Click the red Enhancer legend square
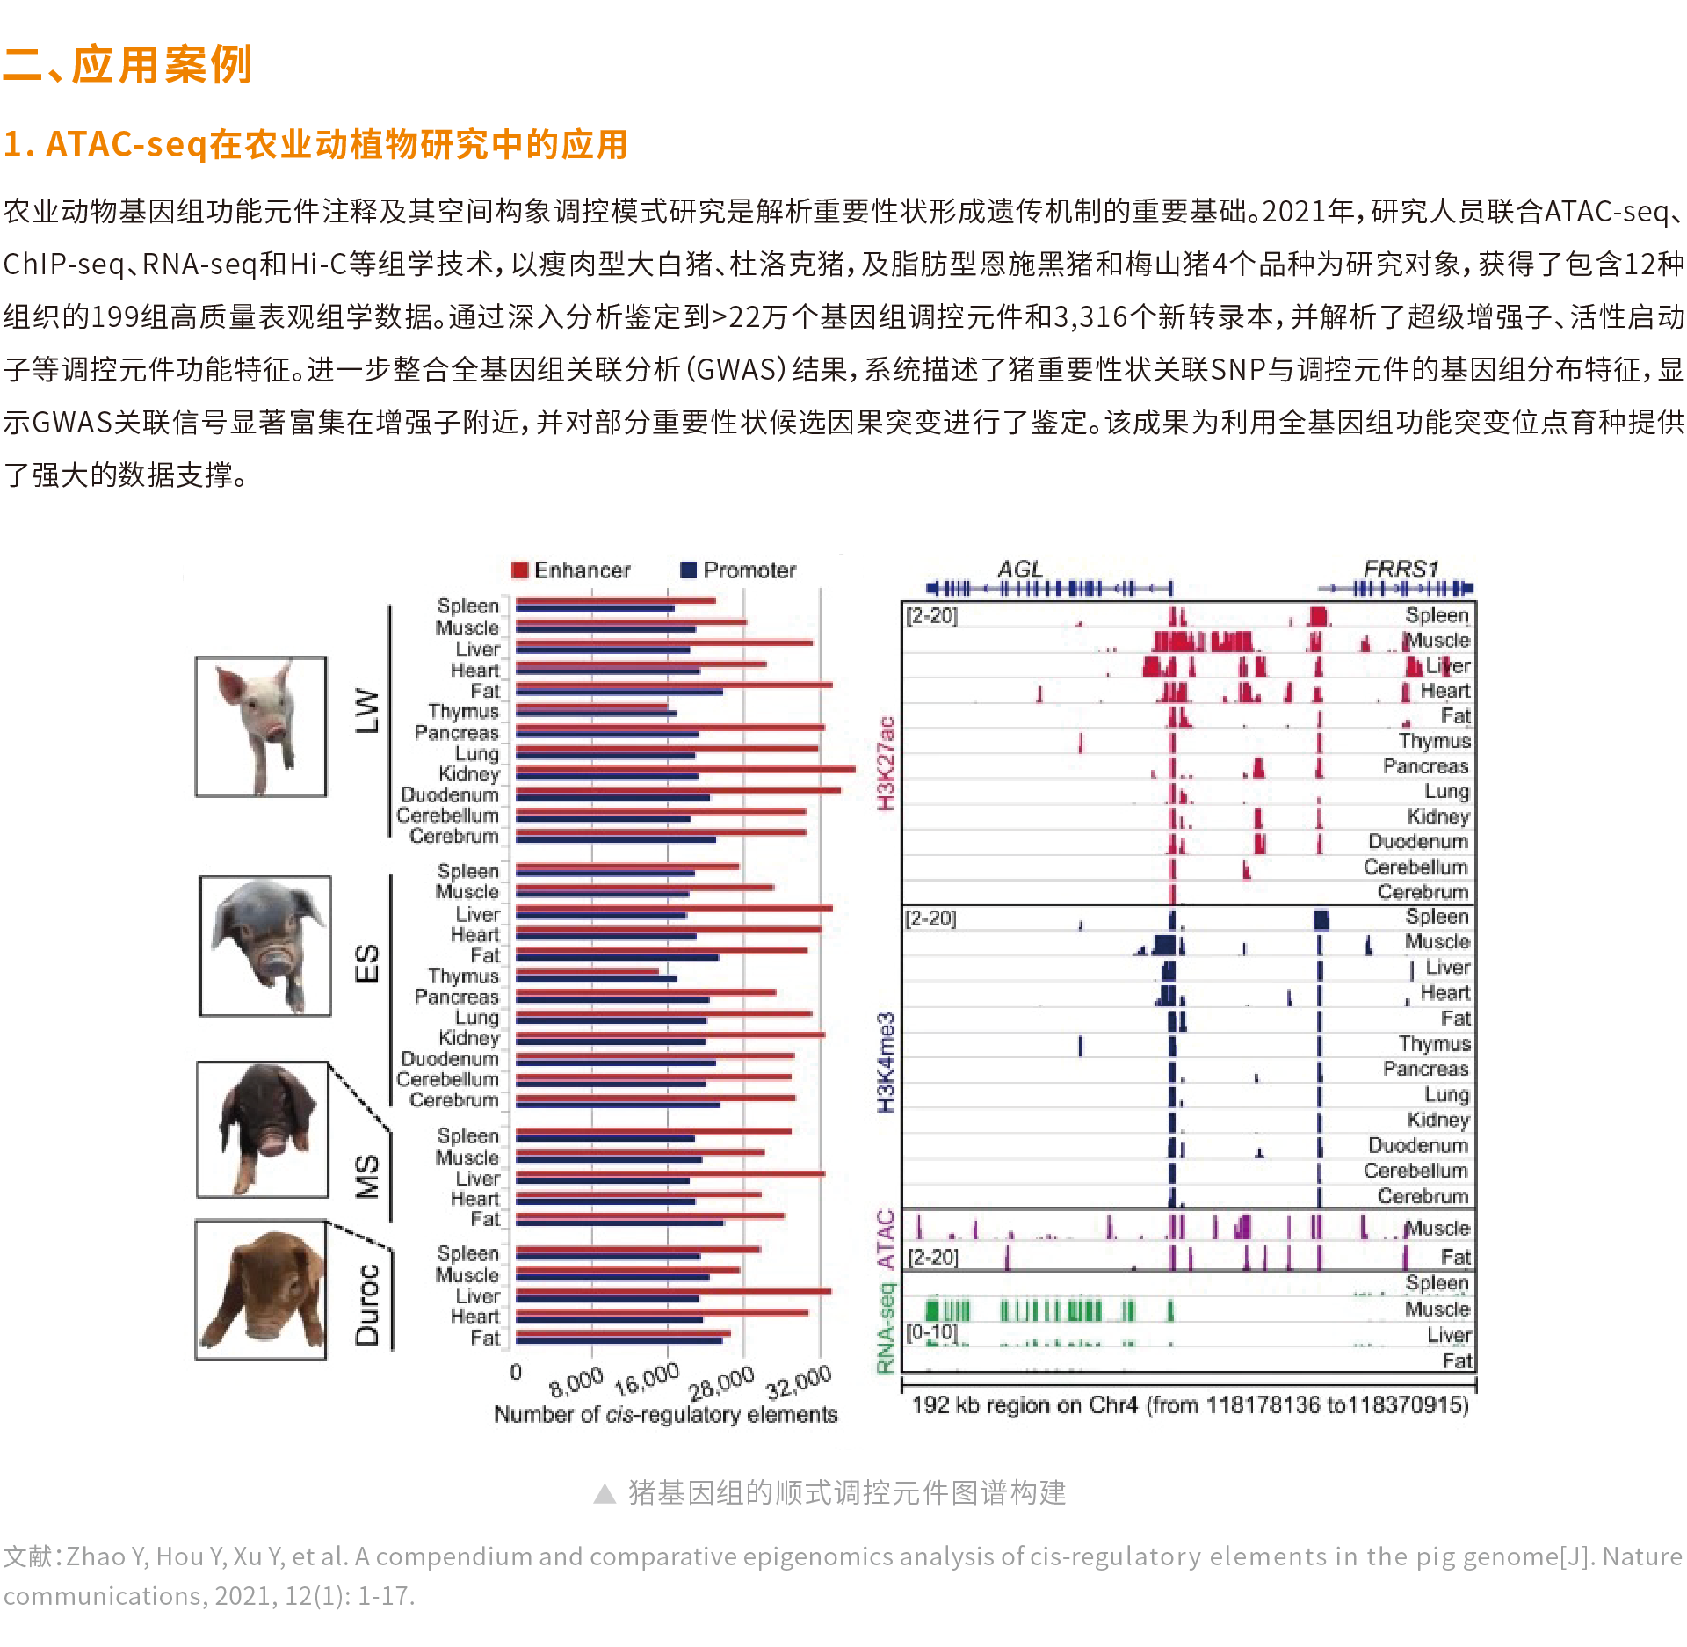coord(519,570)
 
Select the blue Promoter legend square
coord(689,570)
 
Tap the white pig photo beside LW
coord(261,727)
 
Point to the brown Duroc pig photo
coord(261,1289)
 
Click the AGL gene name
coord(1019,569)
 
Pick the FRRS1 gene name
coord(1401,569)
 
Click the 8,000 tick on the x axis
coord(576,1382)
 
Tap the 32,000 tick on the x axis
coord(798,1382)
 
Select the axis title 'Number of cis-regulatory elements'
coord(665,1414)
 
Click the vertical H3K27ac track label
coord(886,763)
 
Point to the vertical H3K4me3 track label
coord(886,1062)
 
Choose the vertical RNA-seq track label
coord(886,1327)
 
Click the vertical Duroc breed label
coord(367,1304)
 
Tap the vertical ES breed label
coord(367,963)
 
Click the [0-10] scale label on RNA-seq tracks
coord(931,1331)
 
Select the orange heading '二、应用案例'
coord(127,65)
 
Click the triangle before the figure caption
coord(605,1493)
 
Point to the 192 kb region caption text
coord(1190,1404)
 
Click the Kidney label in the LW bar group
coord(469,773)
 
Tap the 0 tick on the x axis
coord(516,1372)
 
